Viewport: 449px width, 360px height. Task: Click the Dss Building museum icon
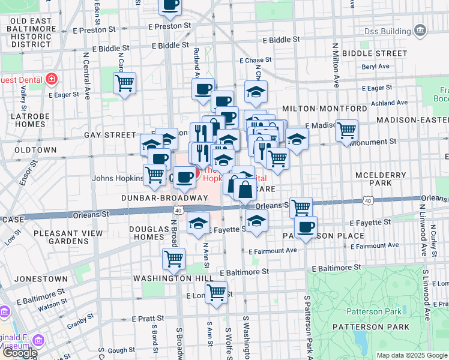420,30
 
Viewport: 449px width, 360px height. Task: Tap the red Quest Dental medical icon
52,79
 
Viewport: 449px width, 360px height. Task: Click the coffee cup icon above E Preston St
170,5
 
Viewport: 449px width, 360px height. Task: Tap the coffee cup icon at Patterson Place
306,227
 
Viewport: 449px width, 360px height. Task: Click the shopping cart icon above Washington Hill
173,259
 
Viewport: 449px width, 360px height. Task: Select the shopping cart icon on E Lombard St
216,292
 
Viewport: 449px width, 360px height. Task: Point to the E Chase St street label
255,61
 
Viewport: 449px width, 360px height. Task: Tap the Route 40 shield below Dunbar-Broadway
178,210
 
